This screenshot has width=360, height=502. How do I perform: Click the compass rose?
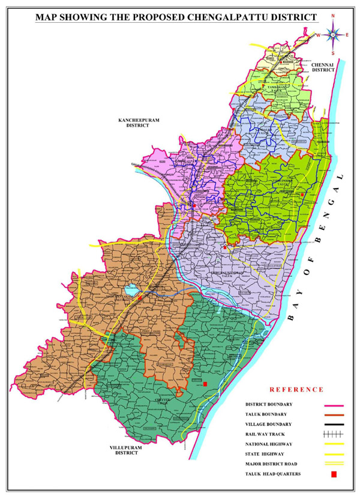pos(333,34)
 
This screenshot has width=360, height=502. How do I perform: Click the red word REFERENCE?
pos(296,389)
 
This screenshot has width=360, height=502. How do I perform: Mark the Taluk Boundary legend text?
pos(266,414)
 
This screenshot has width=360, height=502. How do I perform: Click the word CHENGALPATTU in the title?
pos(237,18)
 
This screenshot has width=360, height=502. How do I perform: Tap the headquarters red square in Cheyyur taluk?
pos(205,384)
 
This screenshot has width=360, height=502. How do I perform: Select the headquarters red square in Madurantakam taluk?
pos(140,297)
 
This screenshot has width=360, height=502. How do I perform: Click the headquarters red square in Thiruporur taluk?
pos(302,195)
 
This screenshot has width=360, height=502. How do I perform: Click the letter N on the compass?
pos(333,17)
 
